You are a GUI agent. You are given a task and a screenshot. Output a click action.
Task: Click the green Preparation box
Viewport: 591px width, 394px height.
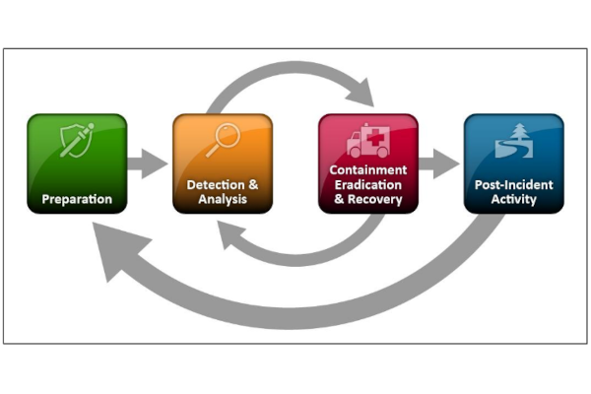77,164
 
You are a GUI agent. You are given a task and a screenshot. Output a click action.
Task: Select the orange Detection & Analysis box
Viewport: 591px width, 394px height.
223,164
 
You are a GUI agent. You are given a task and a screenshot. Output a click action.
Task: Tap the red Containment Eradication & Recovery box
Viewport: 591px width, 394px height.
367,164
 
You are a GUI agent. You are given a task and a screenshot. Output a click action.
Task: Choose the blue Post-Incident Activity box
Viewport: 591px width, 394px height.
513,164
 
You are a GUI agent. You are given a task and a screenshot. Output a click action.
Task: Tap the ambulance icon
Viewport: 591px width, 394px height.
367,141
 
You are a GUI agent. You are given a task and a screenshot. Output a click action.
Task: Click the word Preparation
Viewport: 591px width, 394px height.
77,200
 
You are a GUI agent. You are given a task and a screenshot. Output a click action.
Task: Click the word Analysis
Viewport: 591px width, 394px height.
223,200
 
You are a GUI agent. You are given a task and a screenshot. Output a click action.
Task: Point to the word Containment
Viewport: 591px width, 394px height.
367,170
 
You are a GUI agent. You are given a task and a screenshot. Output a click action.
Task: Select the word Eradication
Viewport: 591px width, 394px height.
367,185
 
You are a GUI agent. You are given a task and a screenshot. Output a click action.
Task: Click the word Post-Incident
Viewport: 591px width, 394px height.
513,185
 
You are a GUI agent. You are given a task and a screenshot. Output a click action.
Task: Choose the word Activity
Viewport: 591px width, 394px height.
513,200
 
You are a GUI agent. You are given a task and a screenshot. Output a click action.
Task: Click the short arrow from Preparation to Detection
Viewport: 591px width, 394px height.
149,164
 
